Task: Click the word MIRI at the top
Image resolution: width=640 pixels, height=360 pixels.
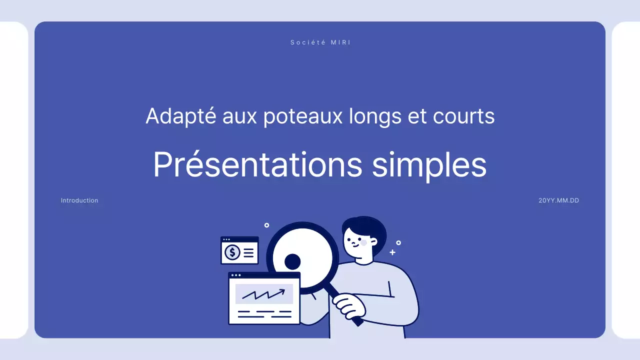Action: pos(340,42)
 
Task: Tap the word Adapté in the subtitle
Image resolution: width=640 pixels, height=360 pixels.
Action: pos(180,116)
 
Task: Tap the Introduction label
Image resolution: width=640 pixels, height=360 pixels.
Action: pos(79,200)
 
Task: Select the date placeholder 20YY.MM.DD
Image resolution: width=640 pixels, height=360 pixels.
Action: pos(558,200)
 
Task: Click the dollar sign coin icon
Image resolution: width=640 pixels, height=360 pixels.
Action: pos(232,252)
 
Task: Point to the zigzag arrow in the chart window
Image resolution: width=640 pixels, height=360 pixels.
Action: pos(263,294)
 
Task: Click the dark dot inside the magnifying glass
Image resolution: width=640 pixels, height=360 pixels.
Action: pos(292,261)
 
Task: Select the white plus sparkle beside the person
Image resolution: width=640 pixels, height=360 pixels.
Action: pos(392,252)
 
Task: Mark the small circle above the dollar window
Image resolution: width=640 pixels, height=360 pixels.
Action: pos(266,225)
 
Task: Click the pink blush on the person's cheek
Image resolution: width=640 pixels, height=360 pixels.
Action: pos(363,242)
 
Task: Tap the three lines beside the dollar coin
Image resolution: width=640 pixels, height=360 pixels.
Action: pos(248,252)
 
